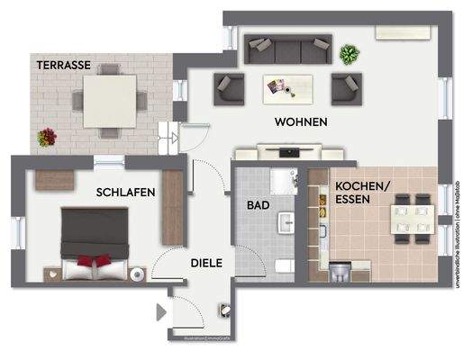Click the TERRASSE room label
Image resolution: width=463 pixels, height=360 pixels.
[63, 66]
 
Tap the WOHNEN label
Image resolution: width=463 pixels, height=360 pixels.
[301, 121]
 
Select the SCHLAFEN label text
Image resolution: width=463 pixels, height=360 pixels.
[126, 193]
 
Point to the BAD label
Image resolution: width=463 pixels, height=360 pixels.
[259, 205]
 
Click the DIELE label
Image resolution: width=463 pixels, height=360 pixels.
[207, 263]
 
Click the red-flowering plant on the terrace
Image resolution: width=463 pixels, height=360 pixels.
[46, 137]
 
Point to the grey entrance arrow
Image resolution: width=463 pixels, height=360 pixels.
[161, 313]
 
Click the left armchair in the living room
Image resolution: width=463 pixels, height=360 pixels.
[230, 89]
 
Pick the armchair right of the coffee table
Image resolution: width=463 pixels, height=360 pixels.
[346, 88]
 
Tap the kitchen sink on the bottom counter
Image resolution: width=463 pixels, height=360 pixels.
[340, 271]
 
